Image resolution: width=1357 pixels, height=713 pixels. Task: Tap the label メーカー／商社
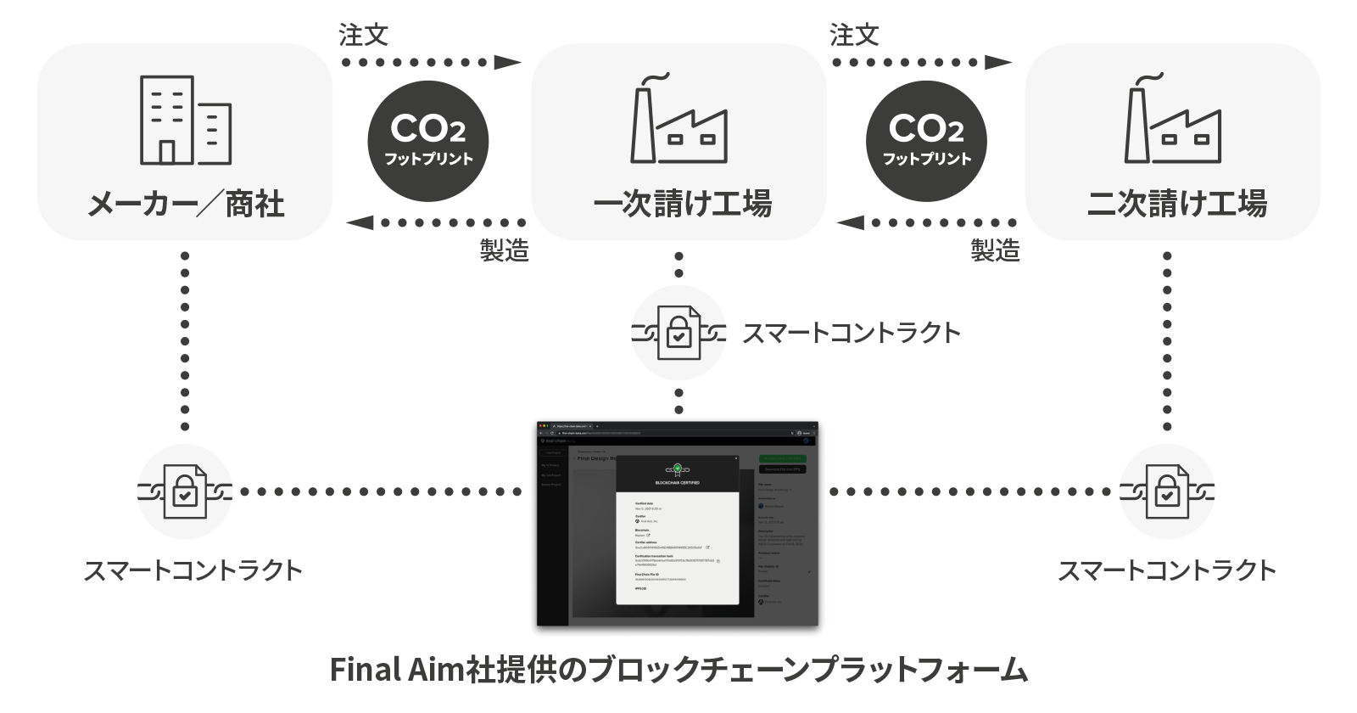[186, 205]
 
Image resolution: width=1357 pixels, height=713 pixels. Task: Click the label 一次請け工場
[682, 205]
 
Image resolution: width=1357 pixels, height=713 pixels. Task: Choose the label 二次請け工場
[1176, 205]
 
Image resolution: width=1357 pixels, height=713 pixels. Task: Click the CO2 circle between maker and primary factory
[428, 141]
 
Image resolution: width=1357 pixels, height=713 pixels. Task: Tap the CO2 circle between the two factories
[926, 141]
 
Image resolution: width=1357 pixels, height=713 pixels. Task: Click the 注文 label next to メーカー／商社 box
[363, 35]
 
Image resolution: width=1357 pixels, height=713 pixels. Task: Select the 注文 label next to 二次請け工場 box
[854, 35]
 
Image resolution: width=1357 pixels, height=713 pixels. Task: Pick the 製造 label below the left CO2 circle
[504, 250]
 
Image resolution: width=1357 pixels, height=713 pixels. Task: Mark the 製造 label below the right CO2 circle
[995, 250]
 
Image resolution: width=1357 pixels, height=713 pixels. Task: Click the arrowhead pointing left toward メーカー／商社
[360, 222]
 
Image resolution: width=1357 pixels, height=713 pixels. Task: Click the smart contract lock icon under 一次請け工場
[678, 333]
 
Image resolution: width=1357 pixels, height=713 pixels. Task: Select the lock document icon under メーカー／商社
[185, 491]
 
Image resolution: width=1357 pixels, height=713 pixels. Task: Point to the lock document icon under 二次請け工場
[1167, 491]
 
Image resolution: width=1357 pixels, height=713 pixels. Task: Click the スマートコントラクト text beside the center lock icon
[851, 333]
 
